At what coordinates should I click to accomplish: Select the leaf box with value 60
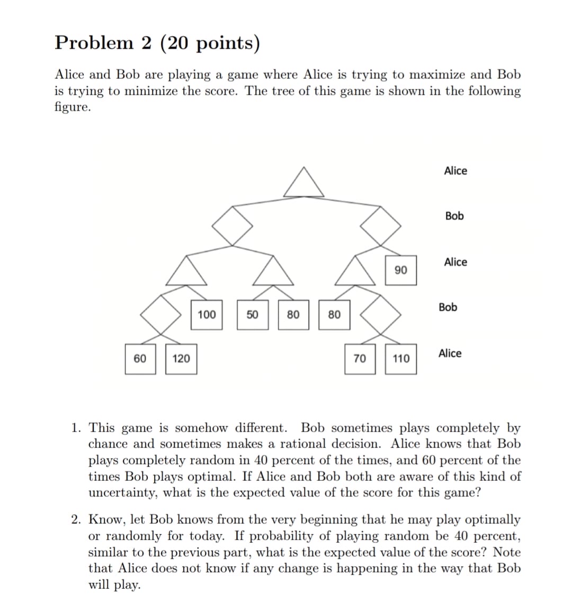(x=140, y=358)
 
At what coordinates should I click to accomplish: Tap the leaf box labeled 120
(x=181, y=358)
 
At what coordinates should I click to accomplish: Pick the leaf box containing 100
(x=207, y=315)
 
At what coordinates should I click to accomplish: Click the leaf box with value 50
(x=252, y=315)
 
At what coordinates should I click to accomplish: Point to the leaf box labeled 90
(x=401, y=270)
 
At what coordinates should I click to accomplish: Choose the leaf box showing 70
(x=360, y=358)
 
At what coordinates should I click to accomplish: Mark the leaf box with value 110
(x=401, y=358)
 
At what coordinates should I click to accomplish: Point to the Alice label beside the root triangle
(x=455, y=171)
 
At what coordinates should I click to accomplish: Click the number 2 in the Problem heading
(x=146, y=43)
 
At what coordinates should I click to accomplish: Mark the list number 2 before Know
(x=76, y=519)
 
